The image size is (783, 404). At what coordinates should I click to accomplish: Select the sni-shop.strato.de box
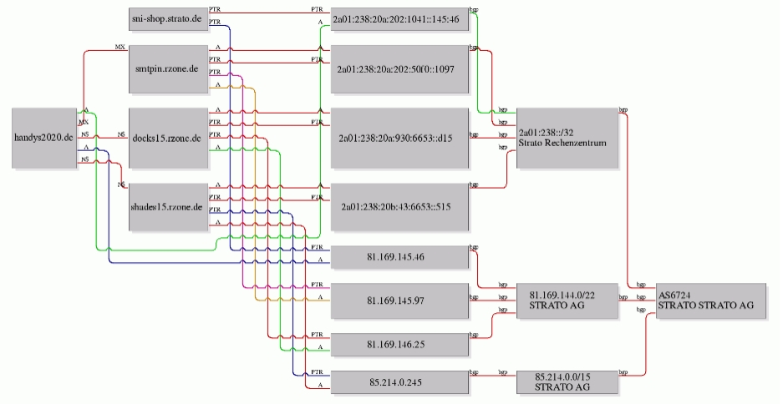(167, 18)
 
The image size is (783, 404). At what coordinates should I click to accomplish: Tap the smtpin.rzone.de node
(167, 70)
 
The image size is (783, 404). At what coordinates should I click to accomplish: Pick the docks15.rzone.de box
(167, 138)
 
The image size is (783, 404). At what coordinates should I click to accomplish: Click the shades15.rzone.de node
(167, 205)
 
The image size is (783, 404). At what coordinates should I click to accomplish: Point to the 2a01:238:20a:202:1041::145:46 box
(399, 18)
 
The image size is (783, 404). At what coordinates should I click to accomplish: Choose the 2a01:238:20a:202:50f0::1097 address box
(399, 70)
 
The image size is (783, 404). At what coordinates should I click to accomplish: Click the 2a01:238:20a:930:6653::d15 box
(399, 138)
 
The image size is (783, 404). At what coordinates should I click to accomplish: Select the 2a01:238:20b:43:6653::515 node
(399, 205)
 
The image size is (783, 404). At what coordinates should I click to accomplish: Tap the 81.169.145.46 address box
(399, 257)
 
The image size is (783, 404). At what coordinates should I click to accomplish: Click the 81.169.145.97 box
(399, 301)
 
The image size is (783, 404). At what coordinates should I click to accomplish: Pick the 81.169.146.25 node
(399, 345)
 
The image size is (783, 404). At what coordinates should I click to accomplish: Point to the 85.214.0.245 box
(399, 382)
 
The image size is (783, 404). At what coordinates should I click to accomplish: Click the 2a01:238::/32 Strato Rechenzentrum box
(567, 138)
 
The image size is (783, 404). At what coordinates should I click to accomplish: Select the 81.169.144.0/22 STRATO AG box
(567, 301)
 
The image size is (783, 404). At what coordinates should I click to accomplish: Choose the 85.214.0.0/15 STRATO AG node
(567, 382)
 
